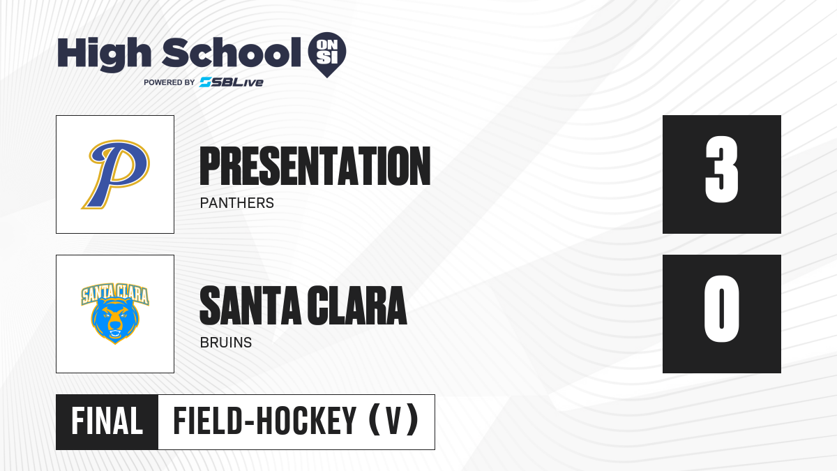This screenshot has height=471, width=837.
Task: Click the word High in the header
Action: point(104,54)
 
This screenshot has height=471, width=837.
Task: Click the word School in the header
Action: point(232,52)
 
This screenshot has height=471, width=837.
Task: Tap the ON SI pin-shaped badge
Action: point(327,54)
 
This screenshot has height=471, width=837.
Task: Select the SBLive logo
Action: point(232,82)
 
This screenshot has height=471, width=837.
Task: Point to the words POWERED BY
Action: point(169,82)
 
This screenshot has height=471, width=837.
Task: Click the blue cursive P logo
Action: point(116,174)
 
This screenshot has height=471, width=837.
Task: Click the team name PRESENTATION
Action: point(315,166)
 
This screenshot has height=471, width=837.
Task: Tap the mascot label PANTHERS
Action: point(237,203)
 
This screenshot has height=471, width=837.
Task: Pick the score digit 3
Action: point(721,170)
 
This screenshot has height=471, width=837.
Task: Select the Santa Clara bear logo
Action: point(115,313)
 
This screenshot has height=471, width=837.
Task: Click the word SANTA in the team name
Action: point(250,306)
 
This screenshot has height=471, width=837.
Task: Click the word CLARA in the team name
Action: point(357,306)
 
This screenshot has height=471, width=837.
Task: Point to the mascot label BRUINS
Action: point(226,343)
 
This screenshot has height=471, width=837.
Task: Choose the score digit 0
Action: point(721,308)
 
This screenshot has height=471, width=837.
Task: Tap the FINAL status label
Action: point(107,421)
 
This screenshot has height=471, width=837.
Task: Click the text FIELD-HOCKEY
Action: point(264,421)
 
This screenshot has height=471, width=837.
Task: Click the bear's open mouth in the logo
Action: point(115,333)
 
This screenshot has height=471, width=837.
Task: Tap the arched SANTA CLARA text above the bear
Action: point(115,294)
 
